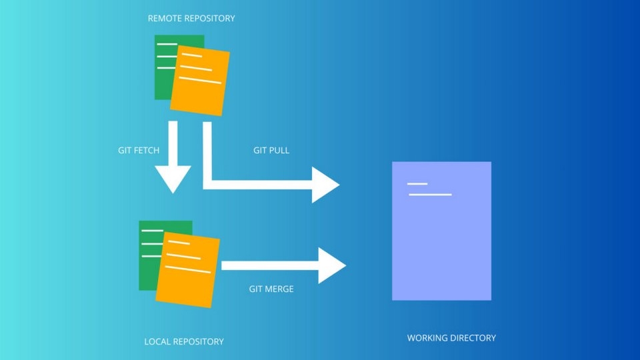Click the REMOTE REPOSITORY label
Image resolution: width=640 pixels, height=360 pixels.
coord(191,19)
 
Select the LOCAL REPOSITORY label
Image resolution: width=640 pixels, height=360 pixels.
coord(184,341)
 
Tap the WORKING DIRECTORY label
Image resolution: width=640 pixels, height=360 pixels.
coord(451,338)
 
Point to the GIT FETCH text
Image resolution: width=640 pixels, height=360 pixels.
coord(139,151)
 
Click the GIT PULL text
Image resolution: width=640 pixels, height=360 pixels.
coord(271,151)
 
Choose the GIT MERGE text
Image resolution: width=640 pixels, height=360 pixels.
coord(271,289)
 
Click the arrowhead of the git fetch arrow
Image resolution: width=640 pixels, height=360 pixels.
coord(173,179)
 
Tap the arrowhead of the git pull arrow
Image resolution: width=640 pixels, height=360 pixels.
coord(326,185)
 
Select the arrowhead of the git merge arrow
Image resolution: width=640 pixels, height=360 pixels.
coord(331,265)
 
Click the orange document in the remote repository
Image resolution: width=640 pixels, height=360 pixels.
coord(200,81)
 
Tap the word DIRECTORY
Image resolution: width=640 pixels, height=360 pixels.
coord(473,338)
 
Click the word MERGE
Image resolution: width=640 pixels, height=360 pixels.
coord(280,289)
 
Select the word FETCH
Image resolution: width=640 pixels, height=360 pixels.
coord(147,151)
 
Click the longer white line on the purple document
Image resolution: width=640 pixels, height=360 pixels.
coord(430,195)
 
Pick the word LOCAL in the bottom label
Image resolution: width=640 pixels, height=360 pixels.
coord(157,341)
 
